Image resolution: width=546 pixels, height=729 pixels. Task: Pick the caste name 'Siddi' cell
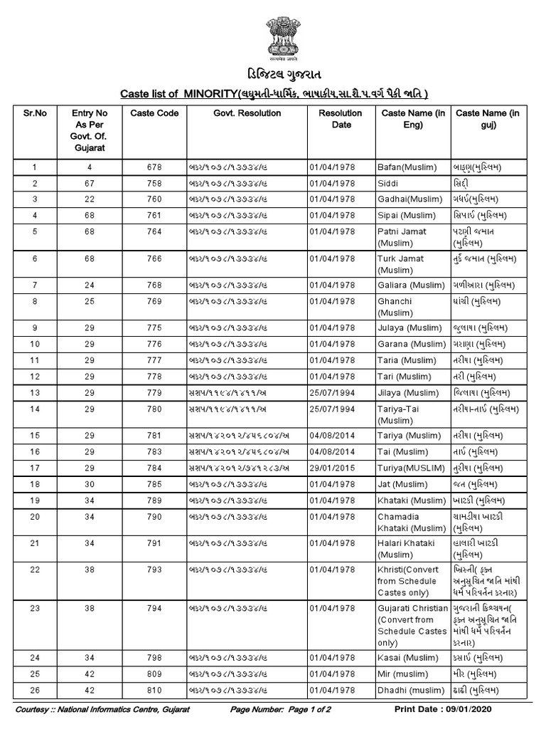tap(388, 183)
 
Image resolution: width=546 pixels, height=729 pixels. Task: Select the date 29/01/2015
tap(332, 468)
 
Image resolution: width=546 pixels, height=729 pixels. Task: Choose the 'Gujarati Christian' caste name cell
tap(412, 624)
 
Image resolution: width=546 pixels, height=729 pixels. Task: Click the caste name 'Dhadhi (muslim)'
tap(410, 690)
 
